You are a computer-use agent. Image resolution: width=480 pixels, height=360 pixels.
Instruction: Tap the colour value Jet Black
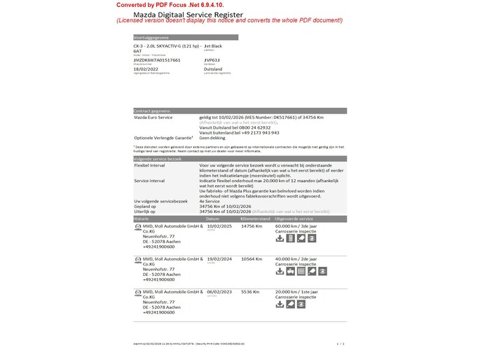click(213, 46)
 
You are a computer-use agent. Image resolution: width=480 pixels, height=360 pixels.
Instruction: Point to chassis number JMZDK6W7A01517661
click(157, 60)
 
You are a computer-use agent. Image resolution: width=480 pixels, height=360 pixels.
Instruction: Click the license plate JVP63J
click(211, 60)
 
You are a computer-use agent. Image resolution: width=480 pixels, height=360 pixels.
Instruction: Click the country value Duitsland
click(213, 69)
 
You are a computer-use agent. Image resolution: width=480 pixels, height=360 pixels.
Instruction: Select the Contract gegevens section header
click(152, 111)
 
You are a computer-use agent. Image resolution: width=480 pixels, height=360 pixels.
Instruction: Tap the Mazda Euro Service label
click(153, 117)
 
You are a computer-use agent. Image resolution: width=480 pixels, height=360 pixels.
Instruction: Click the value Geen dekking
click(212, 138)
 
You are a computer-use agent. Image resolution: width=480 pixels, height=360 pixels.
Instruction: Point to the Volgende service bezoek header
click(158, 159)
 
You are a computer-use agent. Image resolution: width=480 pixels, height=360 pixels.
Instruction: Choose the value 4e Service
click(211, 201)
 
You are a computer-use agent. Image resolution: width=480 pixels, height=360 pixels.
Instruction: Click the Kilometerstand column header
click(256, 219)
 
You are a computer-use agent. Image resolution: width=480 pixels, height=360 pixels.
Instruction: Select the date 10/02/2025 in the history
click(218, 226)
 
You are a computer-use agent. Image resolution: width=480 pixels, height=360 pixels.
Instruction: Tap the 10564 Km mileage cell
click(252, 259)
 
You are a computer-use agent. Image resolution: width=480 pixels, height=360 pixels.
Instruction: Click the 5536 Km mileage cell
click(250, 291)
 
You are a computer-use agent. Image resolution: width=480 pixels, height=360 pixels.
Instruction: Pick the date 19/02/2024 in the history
click(218, 259)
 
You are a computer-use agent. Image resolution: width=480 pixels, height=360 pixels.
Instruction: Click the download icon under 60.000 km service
click(280, 238)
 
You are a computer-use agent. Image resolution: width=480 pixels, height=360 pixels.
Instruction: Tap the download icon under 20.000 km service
click(280, 304)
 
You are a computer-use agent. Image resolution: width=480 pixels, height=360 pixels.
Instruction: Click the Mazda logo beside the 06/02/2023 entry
click(137, 291)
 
